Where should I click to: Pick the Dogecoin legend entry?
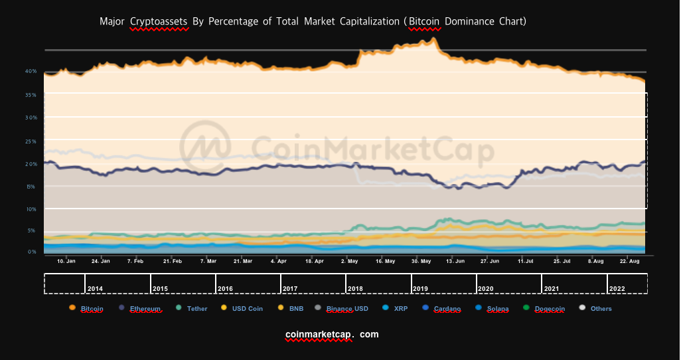coord(547,308)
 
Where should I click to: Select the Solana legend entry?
coord(494,308)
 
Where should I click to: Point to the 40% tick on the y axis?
coord(31,71)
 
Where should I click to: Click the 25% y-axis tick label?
coord(31,141)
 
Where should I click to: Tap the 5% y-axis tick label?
coord(31,231)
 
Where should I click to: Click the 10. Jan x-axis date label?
coord(66,262)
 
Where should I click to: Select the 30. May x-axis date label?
coord(421,262)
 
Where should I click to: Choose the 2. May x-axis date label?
coord(350,262)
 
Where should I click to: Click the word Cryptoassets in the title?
coord(159,21)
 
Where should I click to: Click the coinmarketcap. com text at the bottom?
coord(332,334)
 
